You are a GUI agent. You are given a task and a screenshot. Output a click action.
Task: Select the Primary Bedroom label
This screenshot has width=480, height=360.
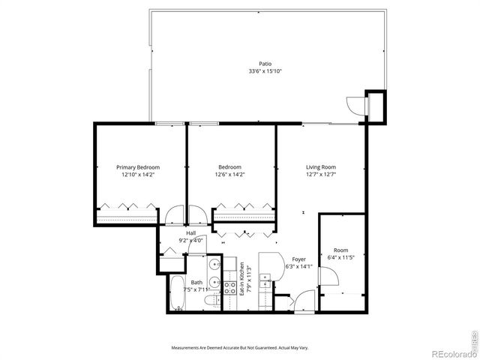point(138,167)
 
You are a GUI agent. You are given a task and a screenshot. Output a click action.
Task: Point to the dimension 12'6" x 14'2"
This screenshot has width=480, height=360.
point(230,174)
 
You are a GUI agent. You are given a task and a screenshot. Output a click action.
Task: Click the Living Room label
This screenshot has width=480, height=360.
point(320,167)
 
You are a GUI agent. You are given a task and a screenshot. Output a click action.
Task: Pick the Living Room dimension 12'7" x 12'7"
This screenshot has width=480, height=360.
point(320,174)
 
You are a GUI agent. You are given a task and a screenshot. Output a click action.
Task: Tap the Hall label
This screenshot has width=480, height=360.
point(190,233)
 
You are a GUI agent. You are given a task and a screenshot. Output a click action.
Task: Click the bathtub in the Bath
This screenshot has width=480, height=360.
point(176,293)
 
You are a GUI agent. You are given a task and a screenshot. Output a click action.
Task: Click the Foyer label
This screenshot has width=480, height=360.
point(298,259)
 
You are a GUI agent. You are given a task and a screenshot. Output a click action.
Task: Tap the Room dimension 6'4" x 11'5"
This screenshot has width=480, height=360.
point(340,257)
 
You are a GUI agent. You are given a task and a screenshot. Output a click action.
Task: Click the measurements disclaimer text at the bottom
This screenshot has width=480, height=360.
point(239,348)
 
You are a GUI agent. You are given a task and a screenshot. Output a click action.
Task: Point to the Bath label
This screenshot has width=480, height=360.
point(196,283)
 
